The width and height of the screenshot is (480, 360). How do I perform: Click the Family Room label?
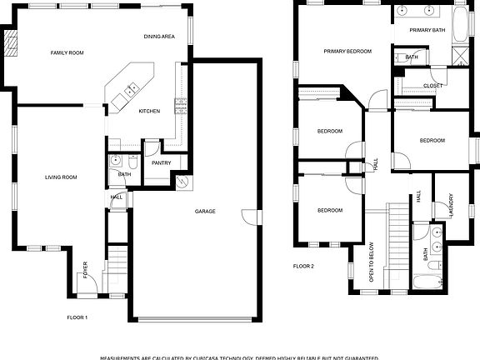67,53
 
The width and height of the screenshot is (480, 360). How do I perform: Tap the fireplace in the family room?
12,43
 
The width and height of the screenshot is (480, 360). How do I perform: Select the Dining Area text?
158,37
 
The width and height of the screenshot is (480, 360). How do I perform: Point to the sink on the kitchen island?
131,88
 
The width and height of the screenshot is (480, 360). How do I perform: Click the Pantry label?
161,162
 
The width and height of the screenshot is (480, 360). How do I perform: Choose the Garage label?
205,212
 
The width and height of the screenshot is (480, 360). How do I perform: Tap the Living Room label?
61,177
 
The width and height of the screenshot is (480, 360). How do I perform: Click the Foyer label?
84,268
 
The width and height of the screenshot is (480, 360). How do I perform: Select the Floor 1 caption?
77,317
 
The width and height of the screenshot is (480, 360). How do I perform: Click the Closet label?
432,85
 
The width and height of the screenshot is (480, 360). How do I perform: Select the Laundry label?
451,205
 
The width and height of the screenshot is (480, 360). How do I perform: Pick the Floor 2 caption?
303,267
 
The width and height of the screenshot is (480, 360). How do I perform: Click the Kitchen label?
149,111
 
